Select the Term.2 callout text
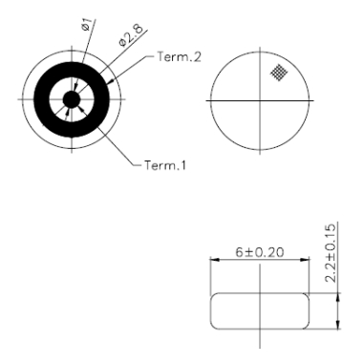coord(168,59)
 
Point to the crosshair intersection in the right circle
coord(259,100)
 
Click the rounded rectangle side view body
coord(260,310)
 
